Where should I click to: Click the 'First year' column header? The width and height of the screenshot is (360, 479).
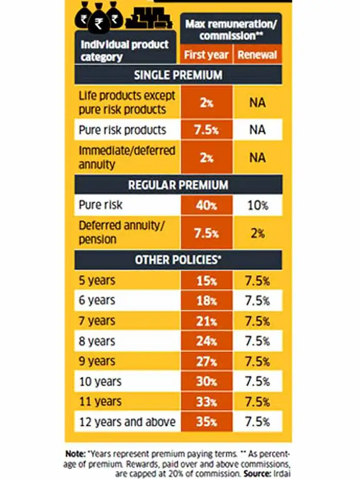(206, 55)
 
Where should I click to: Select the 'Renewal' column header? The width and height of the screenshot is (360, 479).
(258, 55)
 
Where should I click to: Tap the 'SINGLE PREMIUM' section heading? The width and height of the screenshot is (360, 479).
(178, 75)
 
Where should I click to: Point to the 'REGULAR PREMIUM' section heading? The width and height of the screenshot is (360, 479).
(178, 184)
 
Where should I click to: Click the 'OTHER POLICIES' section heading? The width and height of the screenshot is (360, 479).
(178, 260)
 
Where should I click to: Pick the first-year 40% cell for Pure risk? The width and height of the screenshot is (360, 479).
(206, 205)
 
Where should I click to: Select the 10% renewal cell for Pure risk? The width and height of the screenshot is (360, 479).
(258, 205)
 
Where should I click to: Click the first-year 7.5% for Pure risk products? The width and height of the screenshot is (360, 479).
(206, 130)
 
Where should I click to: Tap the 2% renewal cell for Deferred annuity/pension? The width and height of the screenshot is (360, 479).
(258, 233)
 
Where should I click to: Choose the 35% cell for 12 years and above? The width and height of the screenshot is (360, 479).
(206, 422)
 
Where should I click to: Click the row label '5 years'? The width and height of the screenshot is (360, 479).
(97, 281)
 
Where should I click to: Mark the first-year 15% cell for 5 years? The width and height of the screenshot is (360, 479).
(206, 281)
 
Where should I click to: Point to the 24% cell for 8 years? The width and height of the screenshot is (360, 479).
(206, 342)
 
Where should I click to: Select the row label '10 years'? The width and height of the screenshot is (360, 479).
(100, 382)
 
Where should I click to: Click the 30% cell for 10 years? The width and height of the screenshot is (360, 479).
(206, 382)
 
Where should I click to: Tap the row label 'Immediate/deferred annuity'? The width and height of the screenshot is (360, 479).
(127, 157)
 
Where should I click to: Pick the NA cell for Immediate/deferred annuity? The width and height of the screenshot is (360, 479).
(258, 157)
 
